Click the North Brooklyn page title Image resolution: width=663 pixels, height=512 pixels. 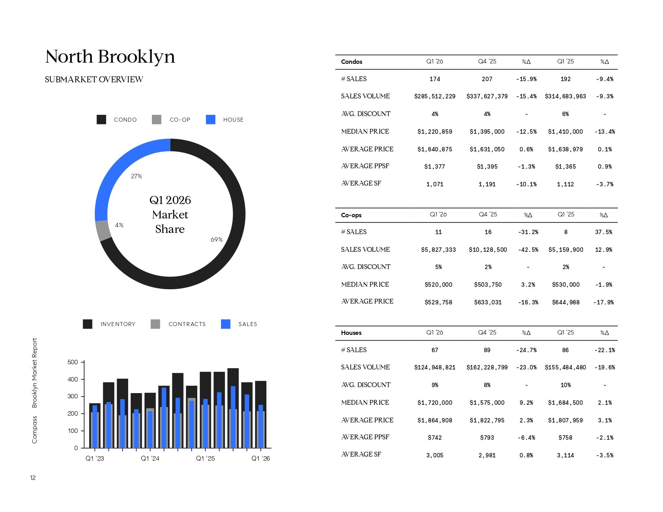[110, 57]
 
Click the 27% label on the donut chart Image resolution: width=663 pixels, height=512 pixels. [137, 176]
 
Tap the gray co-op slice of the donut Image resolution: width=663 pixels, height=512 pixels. [103, 230]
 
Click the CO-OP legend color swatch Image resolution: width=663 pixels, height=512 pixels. [157, 120]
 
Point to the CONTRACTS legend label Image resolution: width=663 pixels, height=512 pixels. [187, 324]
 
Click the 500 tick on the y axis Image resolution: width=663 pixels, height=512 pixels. [73, 362]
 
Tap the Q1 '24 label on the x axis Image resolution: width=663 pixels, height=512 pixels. [150, 459]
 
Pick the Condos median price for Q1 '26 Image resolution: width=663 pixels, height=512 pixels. [435, 132]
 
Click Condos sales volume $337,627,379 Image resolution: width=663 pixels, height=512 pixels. [487, 96]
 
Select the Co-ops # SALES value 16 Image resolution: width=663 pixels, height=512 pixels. [488, 232]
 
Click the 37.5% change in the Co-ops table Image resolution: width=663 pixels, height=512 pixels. [604, 232]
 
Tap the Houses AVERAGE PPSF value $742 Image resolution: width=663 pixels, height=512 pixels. [435, 438]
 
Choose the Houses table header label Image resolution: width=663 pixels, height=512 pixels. [351, 333]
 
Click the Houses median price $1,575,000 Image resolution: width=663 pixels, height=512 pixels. [487, 403]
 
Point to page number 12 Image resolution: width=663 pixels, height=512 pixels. [33, 478]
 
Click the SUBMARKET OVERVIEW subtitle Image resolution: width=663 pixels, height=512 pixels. [94, 80]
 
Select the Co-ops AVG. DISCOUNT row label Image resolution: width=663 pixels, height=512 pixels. [366, 267]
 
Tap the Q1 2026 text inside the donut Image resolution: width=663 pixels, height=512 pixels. [170, 200]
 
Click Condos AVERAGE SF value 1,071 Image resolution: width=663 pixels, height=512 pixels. [435, 184]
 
